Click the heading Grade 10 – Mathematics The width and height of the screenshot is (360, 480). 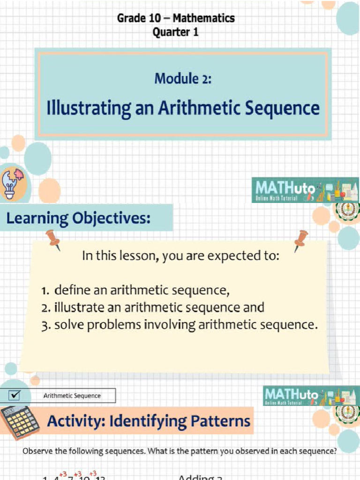pyautogui.click(x=176, y=18)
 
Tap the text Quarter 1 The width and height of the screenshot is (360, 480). pyautogui.click(x=176, y=32)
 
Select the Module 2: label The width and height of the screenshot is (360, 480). pyautogui.click(x=183, y=78)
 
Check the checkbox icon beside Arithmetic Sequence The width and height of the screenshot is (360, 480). pyautogui.click(x=15, y=395)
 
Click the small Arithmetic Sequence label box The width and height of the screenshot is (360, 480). pyautogui.click(x=72, y=396)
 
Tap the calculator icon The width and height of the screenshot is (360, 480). pyautogui.click(x=20, y=422)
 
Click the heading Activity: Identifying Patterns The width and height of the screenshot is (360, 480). pyautogui.click(x=149, y=421)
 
